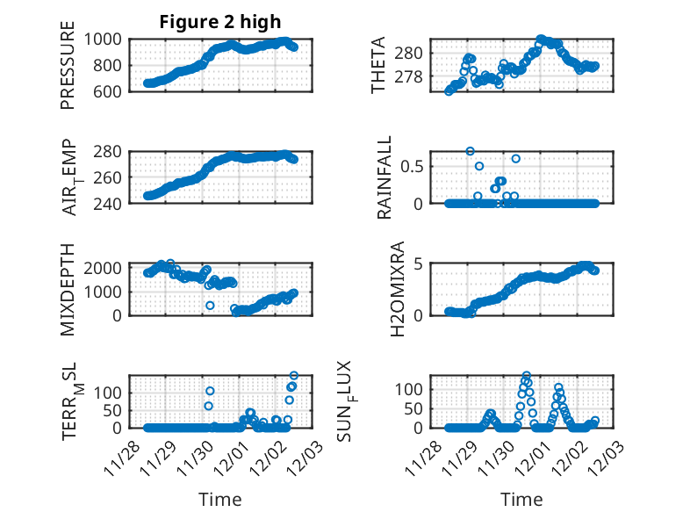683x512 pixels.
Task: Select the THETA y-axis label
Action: pyautogui.click(x=378, y=65)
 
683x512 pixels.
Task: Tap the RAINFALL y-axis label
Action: pyautogui.click(x=385, y=177)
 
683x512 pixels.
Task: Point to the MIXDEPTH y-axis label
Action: pyautogui.click(x=68, y=289)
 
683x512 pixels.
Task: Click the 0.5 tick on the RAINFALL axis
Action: pyautogui.click(x=414, y=166)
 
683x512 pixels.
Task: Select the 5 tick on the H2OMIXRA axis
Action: pyautogui.click(x=420, y=263)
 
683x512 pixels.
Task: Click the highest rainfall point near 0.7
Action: pyautogui.click(x=470, y=151)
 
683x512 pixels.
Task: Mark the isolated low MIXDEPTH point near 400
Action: pyautogui.click(x=210, y=306)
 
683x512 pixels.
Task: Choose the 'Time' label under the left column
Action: pyautogui.click(x=220, y=499)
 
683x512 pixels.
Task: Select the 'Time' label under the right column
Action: pyautogui.click(x=521, y=499)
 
